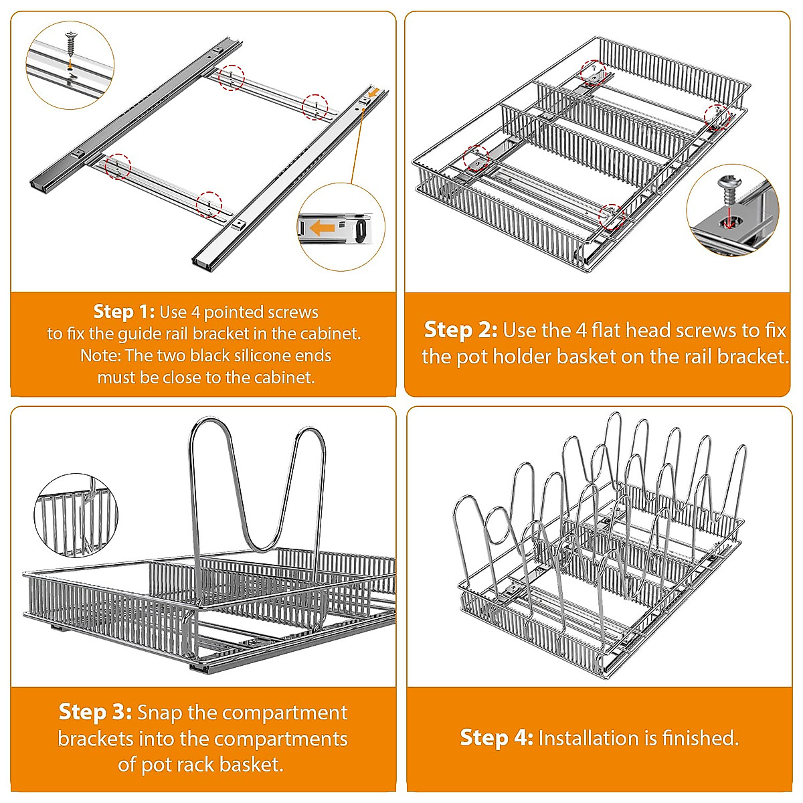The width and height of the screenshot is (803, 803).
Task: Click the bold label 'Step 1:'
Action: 124,312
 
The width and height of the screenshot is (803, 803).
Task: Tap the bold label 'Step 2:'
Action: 460,330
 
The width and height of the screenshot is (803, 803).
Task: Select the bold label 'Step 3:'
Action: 95,712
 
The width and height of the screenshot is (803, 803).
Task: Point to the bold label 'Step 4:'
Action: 497,738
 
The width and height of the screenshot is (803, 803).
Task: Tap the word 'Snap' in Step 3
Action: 160,712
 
